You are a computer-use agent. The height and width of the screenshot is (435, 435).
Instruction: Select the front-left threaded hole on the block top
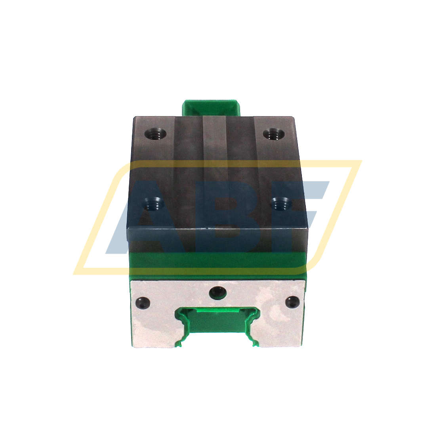point(153,204)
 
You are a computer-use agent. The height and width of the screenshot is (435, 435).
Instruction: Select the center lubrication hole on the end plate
point(217,292)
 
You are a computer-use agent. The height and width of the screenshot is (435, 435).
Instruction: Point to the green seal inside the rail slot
point(217,325)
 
